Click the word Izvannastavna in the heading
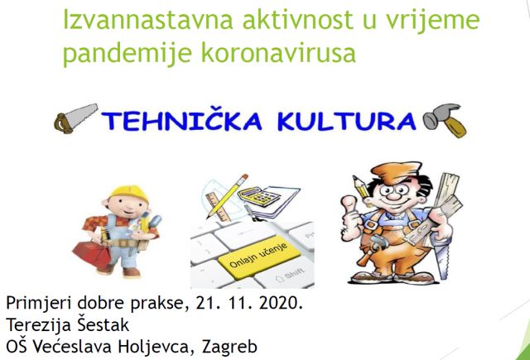click(148, 20)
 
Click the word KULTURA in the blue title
click(347, 121)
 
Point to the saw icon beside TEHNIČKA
click(75, 118)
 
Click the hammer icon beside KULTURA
click(445, 120)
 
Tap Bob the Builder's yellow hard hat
click(129, 193)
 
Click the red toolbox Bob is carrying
click(92, 253)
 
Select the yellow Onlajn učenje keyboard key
click(259, 259)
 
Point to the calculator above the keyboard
click(259, 196)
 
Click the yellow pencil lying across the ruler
click(226, 196)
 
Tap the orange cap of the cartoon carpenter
click(396, 172)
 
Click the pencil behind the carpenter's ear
click(360, 187)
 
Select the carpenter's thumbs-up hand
click(351, 218)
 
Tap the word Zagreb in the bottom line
click(229, 347)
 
